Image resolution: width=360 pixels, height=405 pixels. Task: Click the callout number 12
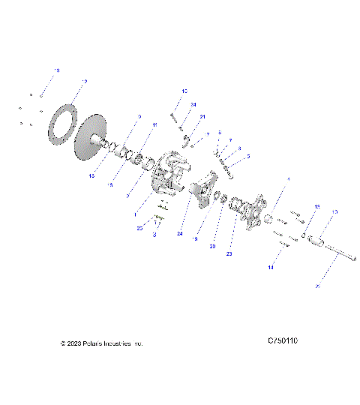[x=84, y=81]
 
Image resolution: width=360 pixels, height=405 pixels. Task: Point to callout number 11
[x=155, y=124]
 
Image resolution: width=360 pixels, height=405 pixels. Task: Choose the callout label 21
[x=202, y=117]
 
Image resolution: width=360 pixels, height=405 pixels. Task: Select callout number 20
[x=213, y=246]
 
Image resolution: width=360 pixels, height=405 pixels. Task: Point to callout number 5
[x=247, y=155]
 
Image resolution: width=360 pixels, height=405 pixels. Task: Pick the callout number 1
[x=135, y=214]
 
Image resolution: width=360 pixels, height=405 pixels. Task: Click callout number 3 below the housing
[x=154, y=235]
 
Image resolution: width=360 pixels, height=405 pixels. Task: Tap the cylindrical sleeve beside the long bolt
[x=315, y=242]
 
